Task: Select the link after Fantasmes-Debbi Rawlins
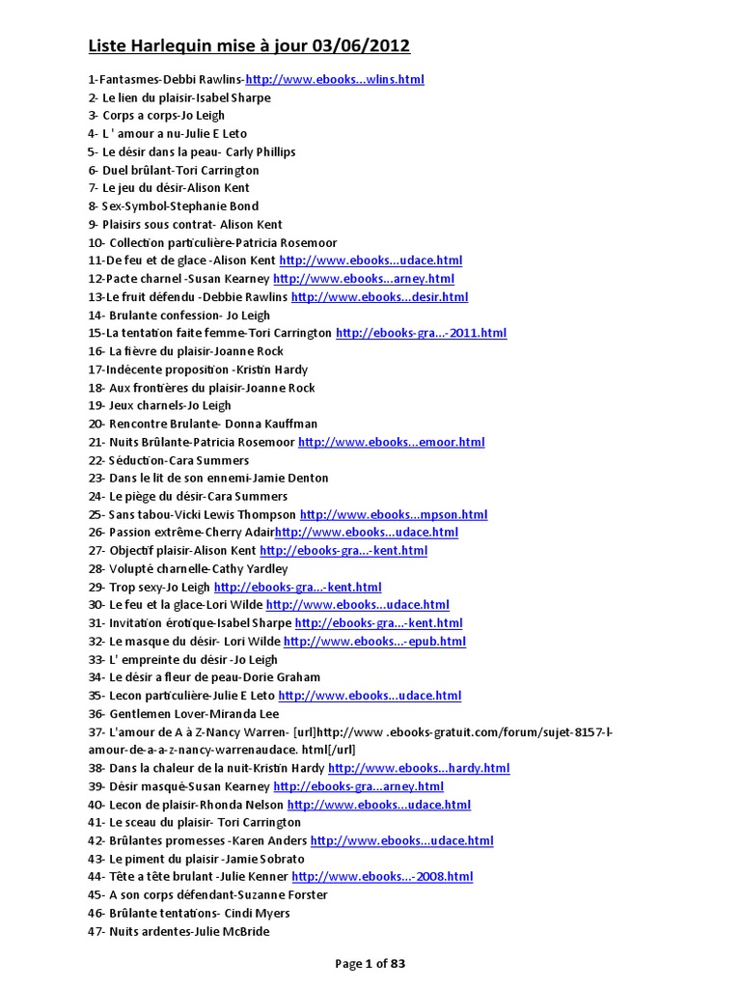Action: pyautogui.click(x=335, y=79)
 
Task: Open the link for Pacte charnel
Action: pyautogui.click(x=364, y=279)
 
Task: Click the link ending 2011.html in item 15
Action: pyautogui.click(x=421, y=333)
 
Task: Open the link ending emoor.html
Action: pyautogui.click(x=391, y=442)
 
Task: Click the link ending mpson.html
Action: pyautogui.click(x=394, y=514)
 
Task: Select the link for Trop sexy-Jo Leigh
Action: pyautogui.click(x=297, y=587)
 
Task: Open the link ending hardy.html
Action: pyautogui.click(x=419, y=768)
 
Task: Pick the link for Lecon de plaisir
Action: pyautogui.click(x=379, y=804)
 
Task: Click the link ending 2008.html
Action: pyautogui.click(x=382, y=877)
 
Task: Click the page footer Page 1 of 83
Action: pyautogui.click(x=370, y=963)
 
